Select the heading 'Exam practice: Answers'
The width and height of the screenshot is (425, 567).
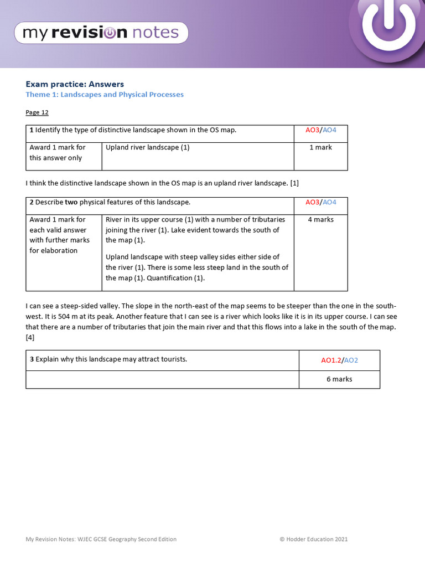75,84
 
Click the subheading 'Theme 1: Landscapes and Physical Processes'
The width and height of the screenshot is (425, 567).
105,95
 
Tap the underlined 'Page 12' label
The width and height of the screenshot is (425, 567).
37,112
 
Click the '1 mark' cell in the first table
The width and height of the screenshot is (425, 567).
320,147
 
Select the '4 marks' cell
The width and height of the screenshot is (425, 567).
320,219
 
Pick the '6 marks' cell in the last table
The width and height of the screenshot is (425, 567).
339,379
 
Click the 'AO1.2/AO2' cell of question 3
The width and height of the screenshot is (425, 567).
339,360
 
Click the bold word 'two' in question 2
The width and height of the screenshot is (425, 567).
71,202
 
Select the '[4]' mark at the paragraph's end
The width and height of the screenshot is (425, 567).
30,337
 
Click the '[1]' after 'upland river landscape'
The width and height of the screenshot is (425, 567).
294,183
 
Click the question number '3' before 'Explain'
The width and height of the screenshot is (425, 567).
32,359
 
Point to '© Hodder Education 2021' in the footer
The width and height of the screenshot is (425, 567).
313,539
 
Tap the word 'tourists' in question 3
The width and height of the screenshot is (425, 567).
172,359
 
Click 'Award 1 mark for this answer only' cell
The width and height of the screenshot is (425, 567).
58,153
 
